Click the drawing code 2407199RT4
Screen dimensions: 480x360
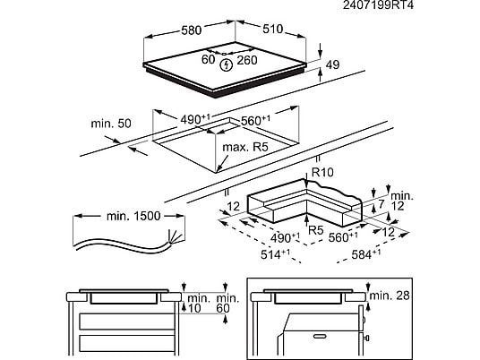point(378,5)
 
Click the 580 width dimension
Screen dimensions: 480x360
point(192,30)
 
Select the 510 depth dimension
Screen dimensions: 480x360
point(273,29)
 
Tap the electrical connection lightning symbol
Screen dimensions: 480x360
point(227,64)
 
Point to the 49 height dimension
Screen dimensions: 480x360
point(332,64)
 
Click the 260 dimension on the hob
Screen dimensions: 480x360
point(247,60)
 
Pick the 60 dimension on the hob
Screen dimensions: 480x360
point(208,59)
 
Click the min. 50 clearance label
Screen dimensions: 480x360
point(111,124)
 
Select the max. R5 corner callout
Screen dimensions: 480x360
point(244,147)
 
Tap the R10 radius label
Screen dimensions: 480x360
point(322,172)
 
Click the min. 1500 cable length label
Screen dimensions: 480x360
point(133,216)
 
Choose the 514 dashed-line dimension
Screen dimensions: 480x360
point(276,254)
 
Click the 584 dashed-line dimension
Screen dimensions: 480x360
point(366,254)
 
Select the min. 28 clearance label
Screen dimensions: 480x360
point(390,296)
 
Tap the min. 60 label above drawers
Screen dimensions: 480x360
point(227,303)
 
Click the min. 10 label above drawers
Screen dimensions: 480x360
point(199,303)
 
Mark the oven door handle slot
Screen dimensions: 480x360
point(321,336)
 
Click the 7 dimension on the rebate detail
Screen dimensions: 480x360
point(381,204)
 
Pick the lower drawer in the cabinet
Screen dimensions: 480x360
point(126,343)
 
